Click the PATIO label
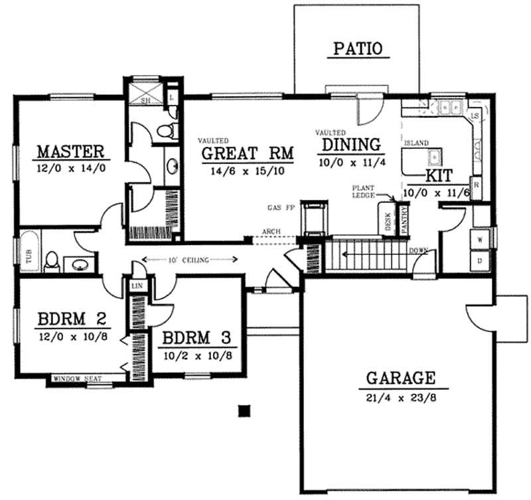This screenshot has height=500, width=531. [358, 48]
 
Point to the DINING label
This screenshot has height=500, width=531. [350, 144]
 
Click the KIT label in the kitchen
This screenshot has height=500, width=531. [438, 175]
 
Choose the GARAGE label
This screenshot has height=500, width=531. [397, 378]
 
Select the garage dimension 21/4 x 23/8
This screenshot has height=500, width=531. [397, 398]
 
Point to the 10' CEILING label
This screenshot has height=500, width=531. [190, 260]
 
